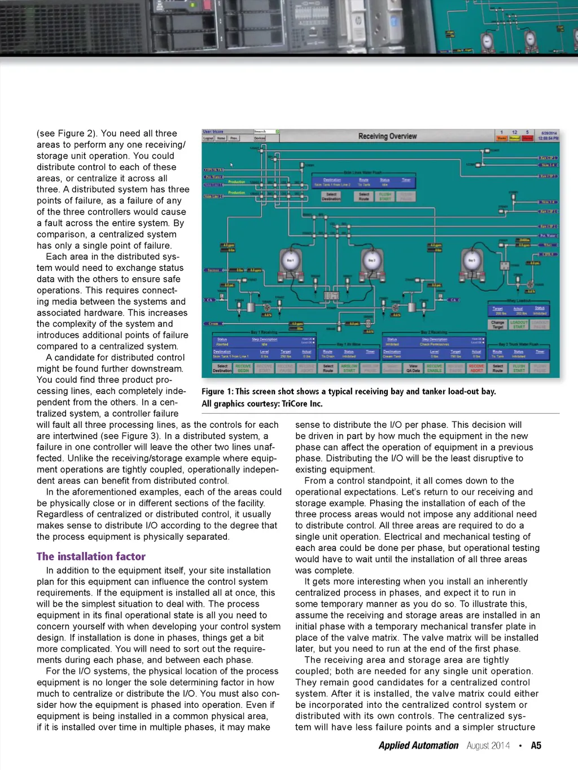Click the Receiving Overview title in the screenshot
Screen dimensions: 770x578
click(387, 136)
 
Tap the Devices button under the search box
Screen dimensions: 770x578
click(259, 138)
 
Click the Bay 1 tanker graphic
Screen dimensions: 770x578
click(290, 261)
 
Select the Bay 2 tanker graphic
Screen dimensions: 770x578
click(371, 261)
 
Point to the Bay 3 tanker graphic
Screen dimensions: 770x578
click(471, 261)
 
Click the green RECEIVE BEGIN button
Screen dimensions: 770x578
click(243, 368)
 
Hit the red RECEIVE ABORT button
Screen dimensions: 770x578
click(476, 368)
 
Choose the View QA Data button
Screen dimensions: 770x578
click(413, 368)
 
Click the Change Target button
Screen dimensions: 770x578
click(498, 325)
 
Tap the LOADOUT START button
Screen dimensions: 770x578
click(519, 325)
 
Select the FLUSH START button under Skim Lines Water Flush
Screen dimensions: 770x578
click(385, 196)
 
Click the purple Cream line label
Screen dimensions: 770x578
click(214, 323)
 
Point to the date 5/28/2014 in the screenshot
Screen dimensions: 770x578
click(548, 133)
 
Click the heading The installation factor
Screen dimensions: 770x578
click(91, 557)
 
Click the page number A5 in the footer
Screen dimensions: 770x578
click(536, 746)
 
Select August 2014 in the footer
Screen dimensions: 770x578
click(488, 746)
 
